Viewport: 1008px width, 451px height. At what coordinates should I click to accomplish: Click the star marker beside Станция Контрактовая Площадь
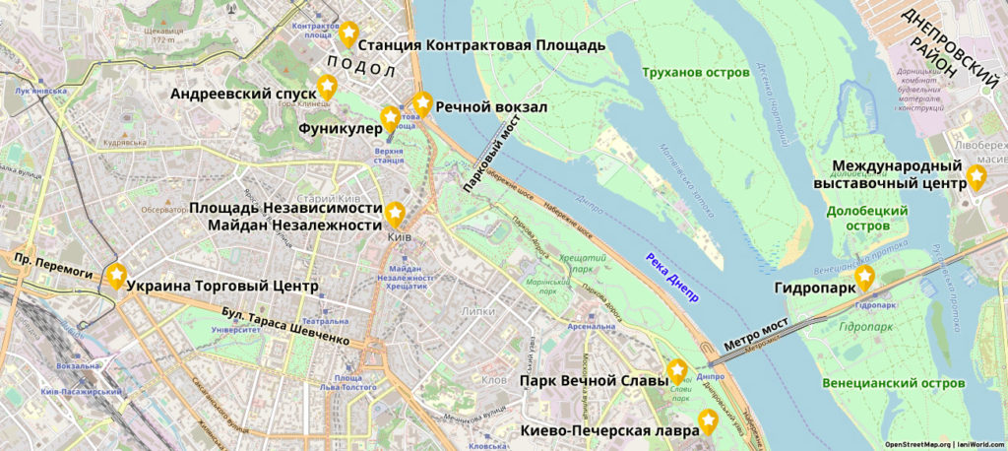pos(347,33)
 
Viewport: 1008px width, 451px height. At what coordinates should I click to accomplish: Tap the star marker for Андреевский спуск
pos(327,86)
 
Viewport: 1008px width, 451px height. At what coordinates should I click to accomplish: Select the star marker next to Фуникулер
pos(390,118)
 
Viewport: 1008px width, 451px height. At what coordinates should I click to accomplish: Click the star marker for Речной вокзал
pos(422,101)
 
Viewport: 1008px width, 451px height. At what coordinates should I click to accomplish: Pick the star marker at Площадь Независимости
pos(395,213)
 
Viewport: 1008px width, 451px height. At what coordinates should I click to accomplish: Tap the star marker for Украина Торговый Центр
pos(116,276)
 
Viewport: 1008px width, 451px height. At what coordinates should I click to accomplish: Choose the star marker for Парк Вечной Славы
pos(677,370)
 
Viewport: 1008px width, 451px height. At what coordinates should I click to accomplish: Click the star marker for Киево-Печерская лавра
pos(707,421)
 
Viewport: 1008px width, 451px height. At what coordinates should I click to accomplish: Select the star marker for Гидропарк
pos(864,279)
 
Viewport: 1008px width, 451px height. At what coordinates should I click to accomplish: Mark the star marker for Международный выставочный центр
pos(976,176)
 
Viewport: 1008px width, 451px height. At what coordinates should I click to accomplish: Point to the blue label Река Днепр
pos(672,279)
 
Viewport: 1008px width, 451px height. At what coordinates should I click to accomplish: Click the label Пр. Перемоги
pos(52,263)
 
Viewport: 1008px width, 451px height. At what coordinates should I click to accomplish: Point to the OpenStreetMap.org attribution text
pos(918,444)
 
